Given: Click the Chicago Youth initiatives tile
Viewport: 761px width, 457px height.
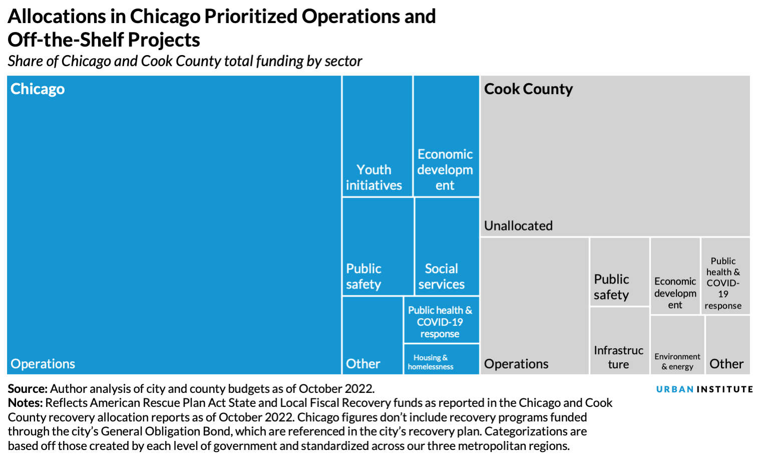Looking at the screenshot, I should (377, 136).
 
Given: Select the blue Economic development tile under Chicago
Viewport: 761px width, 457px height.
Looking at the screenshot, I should (446, 136).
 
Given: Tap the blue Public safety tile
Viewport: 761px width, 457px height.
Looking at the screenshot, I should (378, 247).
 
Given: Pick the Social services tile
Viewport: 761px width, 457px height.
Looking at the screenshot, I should (447, 247).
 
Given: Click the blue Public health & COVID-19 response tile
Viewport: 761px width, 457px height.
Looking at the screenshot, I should (441, 320).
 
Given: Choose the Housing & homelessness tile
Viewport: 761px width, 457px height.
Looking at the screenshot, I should (441, 359).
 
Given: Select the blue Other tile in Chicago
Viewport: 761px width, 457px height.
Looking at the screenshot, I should (372, 335).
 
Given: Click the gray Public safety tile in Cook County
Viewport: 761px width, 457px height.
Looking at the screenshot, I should (619, 272).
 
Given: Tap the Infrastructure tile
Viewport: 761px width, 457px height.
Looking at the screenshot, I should (619, 341).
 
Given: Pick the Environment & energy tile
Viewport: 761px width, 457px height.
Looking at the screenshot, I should (677, 345).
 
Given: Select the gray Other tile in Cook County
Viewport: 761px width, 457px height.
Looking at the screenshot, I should (727, 345).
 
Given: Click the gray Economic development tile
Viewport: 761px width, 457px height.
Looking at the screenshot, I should (675, 276).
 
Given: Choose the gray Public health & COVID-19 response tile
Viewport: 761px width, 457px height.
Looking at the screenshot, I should (725, 276).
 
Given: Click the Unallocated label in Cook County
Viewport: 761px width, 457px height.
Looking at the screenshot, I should (518, 226).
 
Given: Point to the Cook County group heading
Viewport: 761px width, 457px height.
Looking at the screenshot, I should (528, 89).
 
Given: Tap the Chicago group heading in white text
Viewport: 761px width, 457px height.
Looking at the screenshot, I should (38, 89).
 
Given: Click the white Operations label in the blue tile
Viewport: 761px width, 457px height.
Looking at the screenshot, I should (43, 364).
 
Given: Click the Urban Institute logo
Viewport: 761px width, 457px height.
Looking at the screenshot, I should (704, 389).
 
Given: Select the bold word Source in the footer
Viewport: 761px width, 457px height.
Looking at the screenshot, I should (28, 389).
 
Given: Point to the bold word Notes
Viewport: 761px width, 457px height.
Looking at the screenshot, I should (25, 403).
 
